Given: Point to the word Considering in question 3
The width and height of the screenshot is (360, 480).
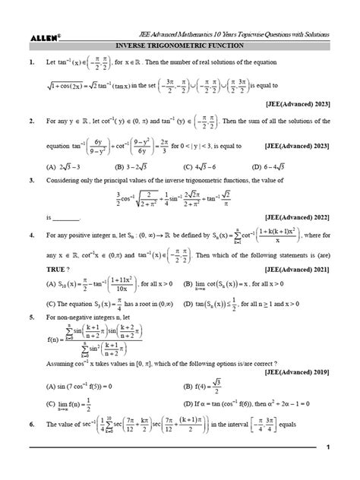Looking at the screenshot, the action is pos(65,182).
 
